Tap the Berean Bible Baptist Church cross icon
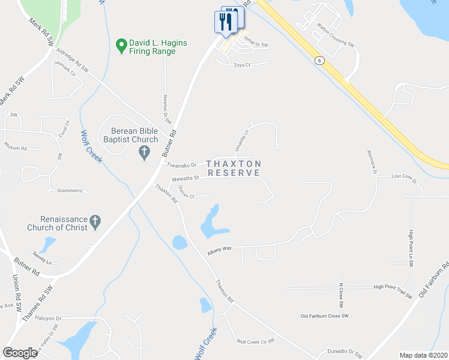(x=144, y=153)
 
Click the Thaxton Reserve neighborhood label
(x=234, y=168)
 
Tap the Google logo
(x=20, y=353)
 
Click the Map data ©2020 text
(x=423, y=355)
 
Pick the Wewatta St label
(x=185, y=178)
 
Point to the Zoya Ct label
(x=242, y=65)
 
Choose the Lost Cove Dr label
(x=403, y=176)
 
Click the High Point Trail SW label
(x=393, y=287)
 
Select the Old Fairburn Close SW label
(x=324, y=316)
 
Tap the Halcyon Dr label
(x=49, y=318)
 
